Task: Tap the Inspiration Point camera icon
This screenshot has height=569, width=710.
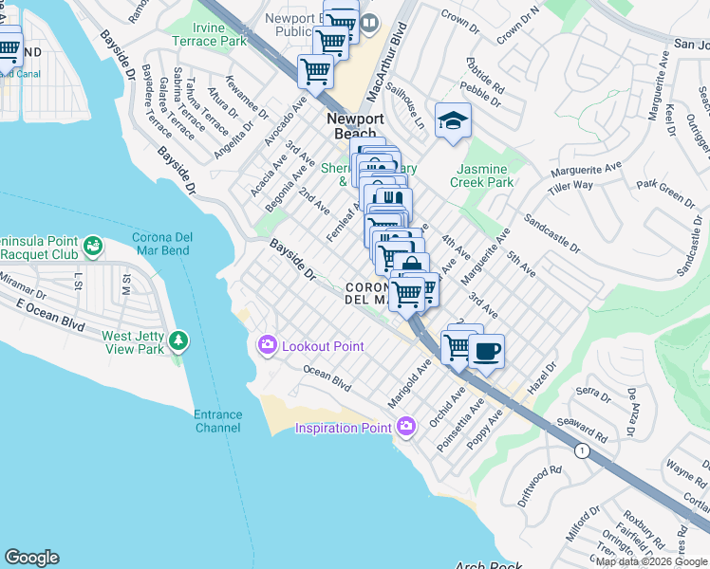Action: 407,428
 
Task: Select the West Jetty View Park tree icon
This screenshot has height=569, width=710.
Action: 177,341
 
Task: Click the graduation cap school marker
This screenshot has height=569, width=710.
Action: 454,120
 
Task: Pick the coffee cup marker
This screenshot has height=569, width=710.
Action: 487,351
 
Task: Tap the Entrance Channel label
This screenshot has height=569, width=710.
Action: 217,421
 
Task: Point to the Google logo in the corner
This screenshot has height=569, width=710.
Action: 31,558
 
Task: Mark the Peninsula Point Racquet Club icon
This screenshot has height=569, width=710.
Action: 92,248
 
